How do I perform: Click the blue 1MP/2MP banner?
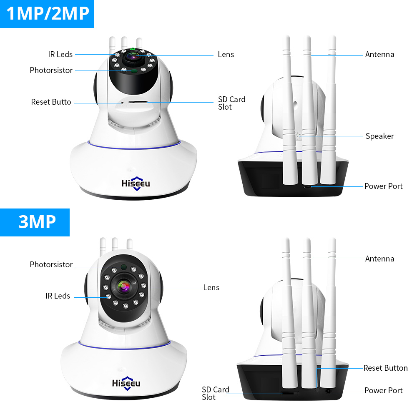(47, 14)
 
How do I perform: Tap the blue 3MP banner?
(35, 222)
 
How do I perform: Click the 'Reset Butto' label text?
(51, 102)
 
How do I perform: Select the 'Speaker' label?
(379, 136)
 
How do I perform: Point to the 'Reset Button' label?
(385, 368)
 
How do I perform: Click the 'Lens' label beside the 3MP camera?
(211, 287)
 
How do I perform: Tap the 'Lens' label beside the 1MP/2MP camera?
(226, 55)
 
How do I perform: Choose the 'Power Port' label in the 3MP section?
(383, 390)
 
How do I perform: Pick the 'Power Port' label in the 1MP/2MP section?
(383, 186)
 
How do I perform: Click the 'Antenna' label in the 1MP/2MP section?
(379, 55)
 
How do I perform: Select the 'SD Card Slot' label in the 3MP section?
(216, 393)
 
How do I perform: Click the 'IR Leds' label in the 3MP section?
(58, 296)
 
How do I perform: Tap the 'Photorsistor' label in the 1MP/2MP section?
(51, 70)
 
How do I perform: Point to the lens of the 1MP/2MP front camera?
(133, 56)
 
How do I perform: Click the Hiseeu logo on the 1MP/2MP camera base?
(136, 183)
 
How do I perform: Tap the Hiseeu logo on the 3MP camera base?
(126, 384)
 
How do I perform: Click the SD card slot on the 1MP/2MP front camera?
(138, 102)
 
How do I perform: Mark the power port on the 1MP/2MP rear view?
(308, 187)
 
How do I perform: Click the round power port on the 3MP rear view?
(328, 391)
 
